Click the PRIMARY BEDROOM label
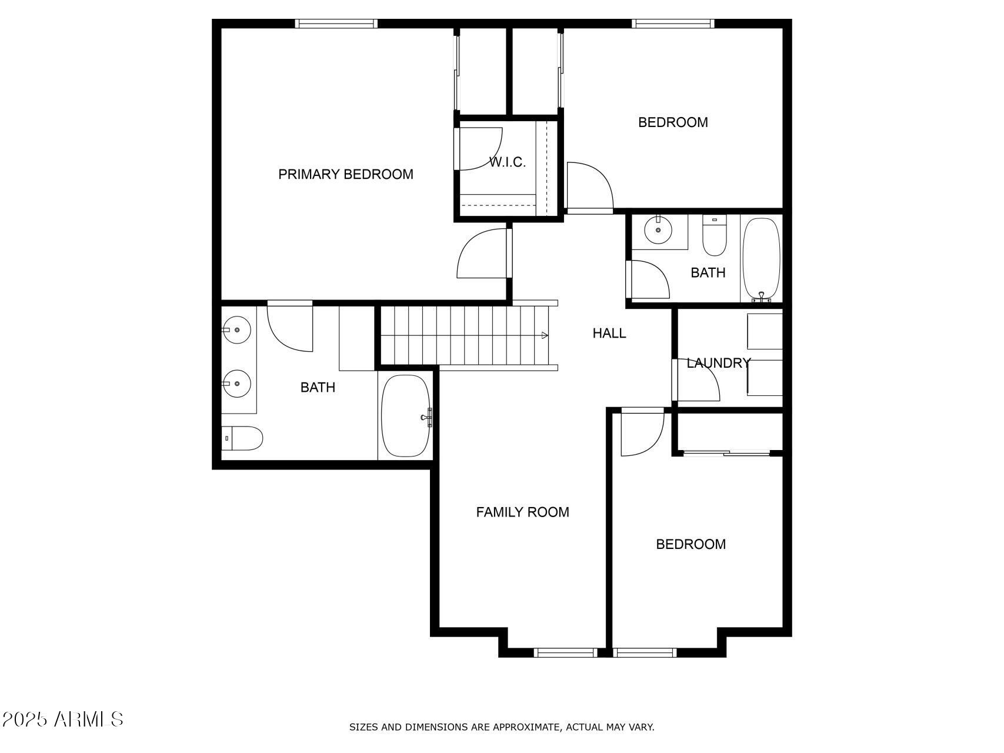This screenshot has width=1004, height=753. pos(345,174)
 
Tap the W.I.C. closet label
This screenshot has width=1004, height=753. pos(507,162)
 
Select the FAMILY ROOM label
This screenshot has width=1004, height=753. pos(522,512)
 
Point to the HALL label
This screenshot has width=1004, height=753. pos(609,333)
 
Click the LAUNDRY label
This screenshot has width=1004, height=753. pos(718,363)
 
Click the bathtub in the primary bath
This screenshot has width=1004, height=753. pos(406,416)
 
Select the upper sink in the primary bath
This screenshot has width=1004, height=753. pos(237,330)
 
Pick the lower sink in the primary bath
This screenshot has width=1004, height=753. pos(237,384)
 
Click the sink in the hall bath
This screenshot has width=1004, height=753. pos(658,230)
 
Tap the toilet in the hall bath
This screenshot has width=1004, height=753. pos(715,236)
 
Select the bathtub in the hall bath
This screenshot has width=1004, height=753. pos(761,259)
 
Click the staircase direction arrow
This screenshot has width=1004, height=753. pos(545,335)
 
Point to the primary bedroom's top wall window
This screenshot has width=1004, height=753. pos(336,24)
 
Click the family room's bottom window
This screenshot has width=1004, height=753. pos(565,652)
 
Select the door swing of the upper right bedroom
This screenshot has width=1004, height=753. pos(589,185)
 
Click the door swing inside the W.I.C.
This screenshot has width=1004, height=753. pos(479,148)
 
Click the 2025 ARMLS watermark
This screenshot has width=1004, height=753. pos(63,719)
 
